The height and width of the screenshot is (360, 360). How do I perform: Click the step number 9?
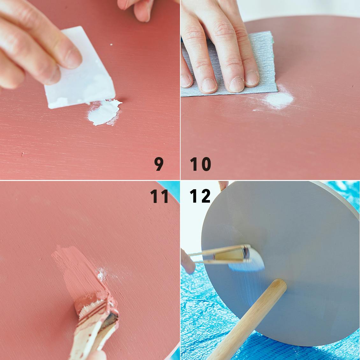159,164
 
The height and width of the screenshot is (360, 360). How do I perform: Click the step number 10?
200,164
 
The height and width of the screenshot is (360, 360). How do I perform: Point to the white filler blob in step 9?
104,112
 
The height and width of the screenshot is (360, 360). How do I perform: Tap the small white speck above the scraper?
111,45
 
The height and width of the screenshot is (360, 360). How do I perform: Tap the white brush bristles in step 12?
256,259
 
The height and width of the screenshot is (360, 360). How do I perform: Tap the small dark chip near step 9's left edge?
22,154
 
